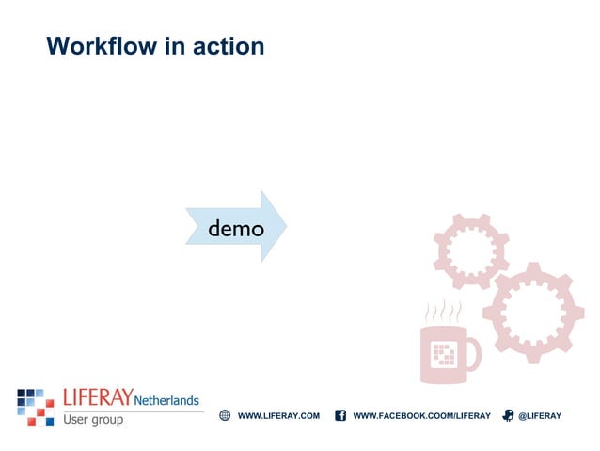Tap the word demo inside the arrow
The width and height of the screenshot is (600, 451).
click(235, 228)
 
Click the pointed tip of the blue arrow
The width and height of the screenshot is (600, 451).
click(284, 227)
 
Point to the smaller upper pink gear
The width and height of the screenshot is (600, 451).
click(470, 250)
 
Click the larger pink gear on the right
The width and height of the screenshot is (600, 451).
click(533, 310)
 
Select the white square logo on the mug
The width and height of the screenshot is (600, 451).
click(442, 355)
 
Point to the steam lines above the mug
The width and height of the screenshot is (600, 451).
click(442, 312)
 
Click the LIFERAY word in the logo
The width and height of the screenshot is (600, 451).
click(97, 397)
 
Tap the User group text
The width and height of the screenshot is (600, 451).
click(93, 420)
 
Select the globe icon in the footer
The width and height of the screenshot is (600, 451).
click(225, 415)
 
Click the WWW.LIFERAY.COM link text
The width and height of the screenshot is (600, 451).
click(279, 415)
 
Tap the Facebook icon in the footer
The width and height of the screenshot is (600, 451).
click(340, 415)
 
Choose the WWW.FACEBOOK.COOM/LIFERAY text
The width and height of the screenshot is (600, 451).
click(421, 415)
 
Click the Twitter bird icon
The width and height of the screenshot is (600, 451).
click(508, 415)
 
